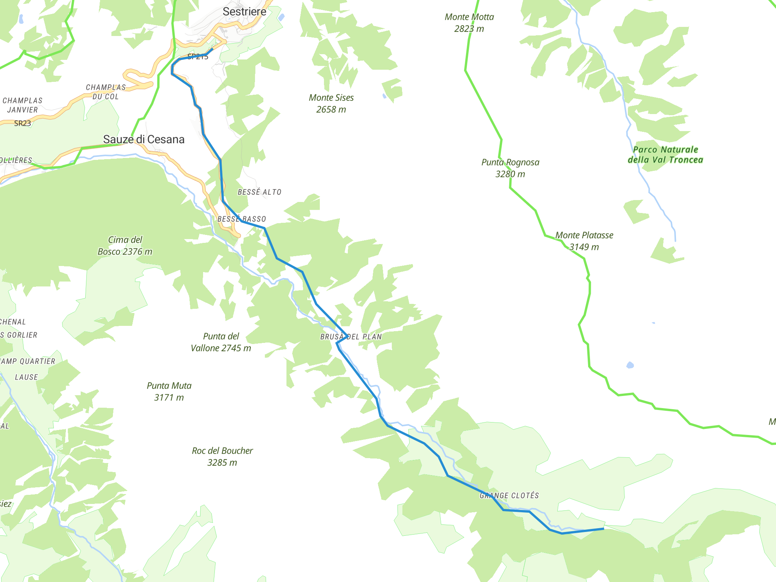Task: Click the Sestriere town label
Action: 244,12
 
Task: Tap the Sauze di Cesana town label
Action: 144,139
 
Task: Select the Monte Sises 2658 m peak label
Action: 331,103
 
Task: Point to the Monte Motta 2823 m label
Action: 469,23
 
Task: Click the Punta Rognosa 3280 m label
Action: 510,168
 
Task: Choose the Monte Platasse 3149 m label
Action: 584,241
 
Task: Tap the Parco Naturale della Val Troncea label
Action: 665,155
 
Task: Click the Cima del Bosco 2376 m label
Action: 125,246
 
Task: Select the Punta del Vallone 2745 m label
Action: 221,342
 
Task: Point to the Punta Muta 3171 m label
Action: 169,391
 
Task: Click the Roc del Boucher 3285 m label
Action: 222,457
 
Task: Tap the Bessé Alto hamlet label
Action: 259,192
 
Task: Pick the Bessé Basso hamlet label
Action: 242,219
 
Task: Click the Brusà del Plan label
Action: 351,337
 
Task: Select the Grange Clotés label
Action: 509,496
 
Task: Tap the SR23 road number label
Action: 22,123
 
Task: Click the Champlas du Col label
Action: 106,92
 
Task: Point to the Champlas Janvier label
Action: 22,105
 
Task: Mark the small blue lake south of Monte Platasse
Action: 630,365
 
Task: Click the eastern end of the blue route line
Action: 603,529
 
